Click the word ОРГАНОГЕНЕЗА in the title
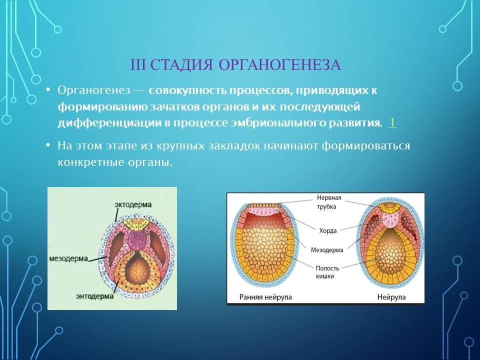point(279,65)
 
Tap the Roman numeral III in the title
point(138,65)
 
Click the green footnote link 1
point(392,122)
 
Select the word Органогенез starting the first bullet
point(94,91)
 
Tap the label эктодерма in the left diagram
point(133,204)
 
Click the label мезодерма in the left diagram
point(68,258)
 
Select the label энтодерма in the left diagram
point(94,296)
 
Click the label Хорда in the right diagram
point(328,230)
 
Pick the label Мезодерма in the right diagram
point(327,250)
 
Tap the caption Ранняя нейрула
point(265,297)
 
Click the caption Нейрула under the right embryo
point(391,296)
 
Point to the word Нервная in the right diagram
point(329,197)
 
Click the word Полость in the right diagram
point(327,268)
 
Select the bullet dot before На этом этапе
point(48,144)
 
